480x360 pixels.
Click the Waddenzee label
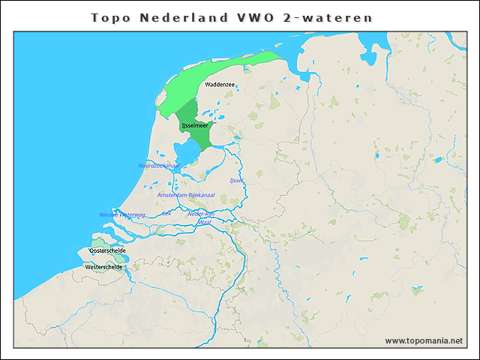[220, 85]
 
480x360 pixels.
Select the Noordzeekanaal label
[158, 165]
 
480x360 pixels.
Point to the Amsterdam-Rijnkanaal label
[186, 195]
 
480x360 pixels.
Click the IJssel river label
[236, 181]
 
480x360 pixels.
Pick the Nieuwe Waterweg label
[121, 214]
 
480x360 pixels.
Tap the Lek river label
[166, 213]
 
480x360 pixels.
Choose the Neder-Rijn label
[201, 214]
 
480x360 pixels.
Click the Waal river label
[205, 222]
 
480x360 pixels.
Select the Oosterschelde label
[107, 250]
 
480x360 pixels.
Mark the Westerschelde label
[104, 267]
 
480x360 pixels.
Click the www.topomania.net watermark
[424, 340]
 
